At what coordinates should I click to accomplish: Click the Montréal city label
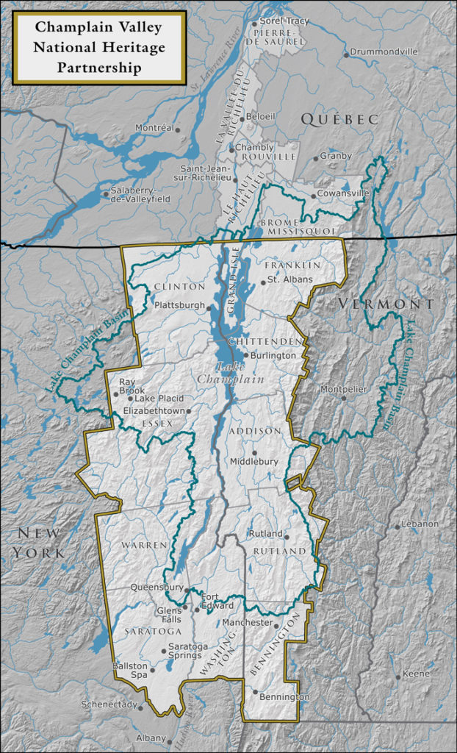(x=154, y=128)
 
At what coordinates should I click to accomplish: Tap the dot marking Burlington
(x=246, y=355)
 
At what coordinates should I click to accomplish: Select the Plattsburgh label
(x=179, y=304)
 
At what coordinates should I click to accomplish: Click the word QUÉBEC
(x=339, y=118)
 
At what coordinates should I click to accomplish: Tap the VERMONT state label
(x=386, y=304)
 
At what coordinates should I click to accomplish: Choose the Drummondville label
(x=384, y=52)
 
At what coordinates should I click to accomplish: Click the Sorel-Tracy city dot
(x=254, y=24)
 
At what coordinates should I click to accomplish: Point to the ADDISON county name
(x=254, y=430)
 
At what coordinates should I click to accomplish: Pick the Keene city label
(x=417, y=676)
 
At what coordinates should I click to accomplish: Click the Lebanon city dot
(x=397, y=525)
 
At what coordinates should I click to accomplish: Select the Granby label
(x=336, y=156)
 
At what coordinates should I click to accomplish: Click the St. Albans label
(x=289, y=279)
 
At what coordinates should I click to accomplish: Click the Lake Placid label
(x=159, y=398)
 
